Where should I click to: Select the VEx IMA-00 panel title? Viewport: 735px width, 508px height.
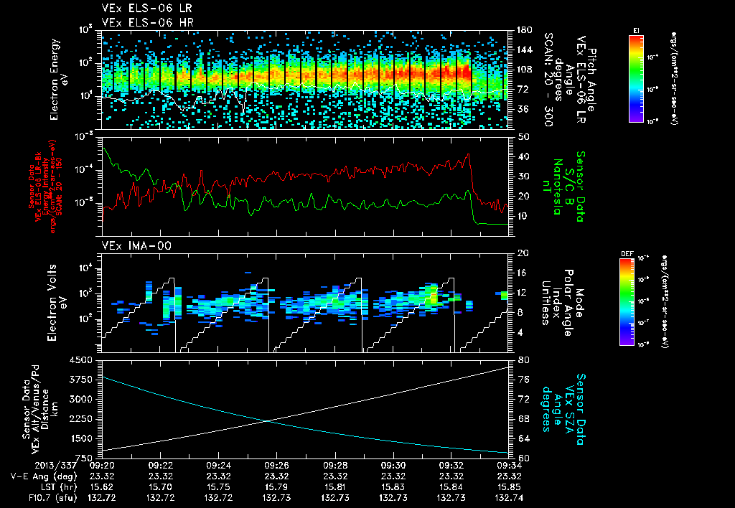131,246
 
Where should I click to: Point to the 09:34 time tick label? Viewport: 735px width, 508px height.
508,465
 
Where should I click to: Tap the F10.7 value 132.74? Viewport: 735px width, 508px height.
508,497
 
